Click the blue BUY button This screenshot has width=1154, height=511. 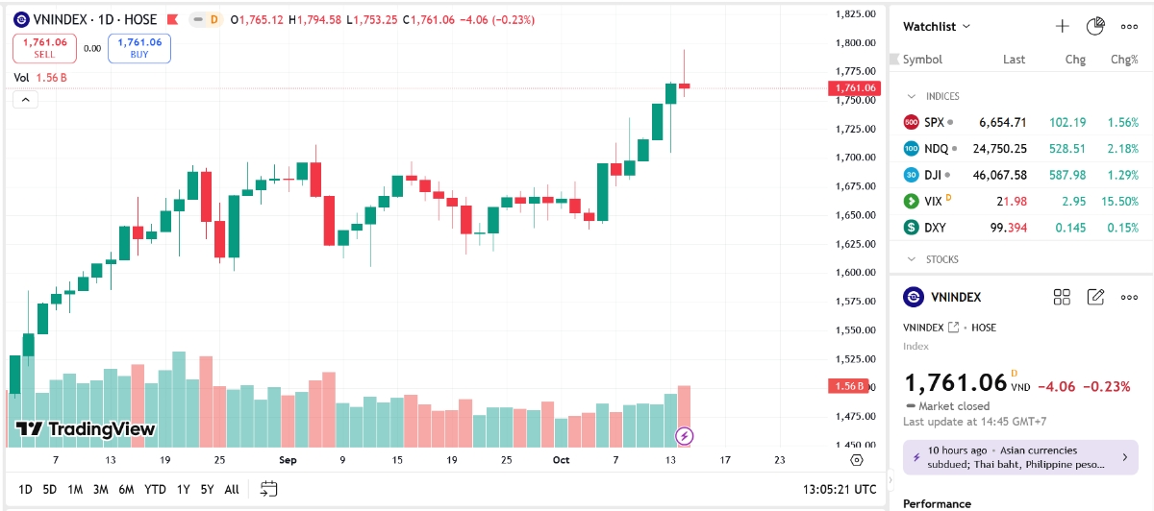point(139,48)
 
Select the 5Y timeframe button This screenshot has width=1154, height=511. point(208,490)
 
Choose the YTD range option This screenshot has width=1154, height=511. point(155,490)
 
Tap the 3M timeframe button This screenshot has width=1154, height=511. point(100,490)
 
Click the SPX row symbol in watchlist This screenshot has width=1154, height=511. point(934,122)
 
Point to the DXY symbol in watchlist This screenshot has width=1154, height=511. point(935,228)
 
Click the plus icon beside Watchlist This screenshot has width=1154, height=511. point(1062,27)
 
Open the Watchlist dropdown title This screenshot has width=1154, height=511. point(936,27)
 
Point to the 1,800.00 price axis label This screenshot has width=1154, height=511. point(854,42)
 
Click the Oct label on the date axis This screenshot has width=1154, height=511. point(561,460)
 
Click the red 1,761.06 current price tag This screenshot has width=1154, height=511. point(853,88)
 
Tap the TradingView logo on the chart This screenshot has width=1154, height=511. point(85,429)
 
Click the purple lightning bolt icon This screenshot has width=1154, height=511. point(685,436)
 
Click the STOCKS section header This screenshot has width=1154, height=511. point(941,259)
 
